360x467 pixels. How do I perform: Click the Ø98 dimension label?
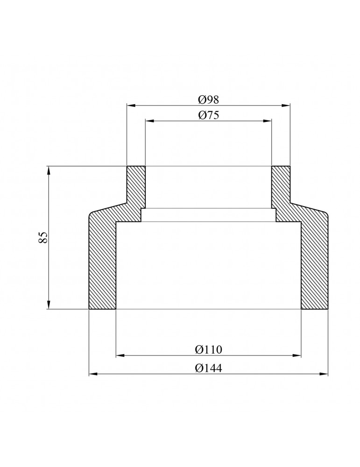208,100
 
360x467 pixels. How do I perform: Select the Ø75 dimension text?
208,115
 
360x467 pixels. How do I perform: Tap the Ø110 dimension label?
208,349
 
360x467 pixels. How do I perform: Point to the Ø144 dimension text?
208,368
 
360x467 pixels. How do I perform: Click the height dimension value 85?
43,237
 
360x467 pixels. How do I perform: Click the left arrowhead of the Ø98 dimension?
131,105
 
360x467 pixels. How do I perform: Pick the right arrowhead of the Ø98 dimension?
286,105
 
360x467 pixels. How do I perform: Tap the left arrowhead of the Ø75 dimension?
149,120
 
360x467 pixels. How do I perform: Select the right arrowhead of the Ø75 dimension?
268,120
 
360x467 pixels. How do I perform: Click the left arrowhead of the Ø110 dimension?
120,355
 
